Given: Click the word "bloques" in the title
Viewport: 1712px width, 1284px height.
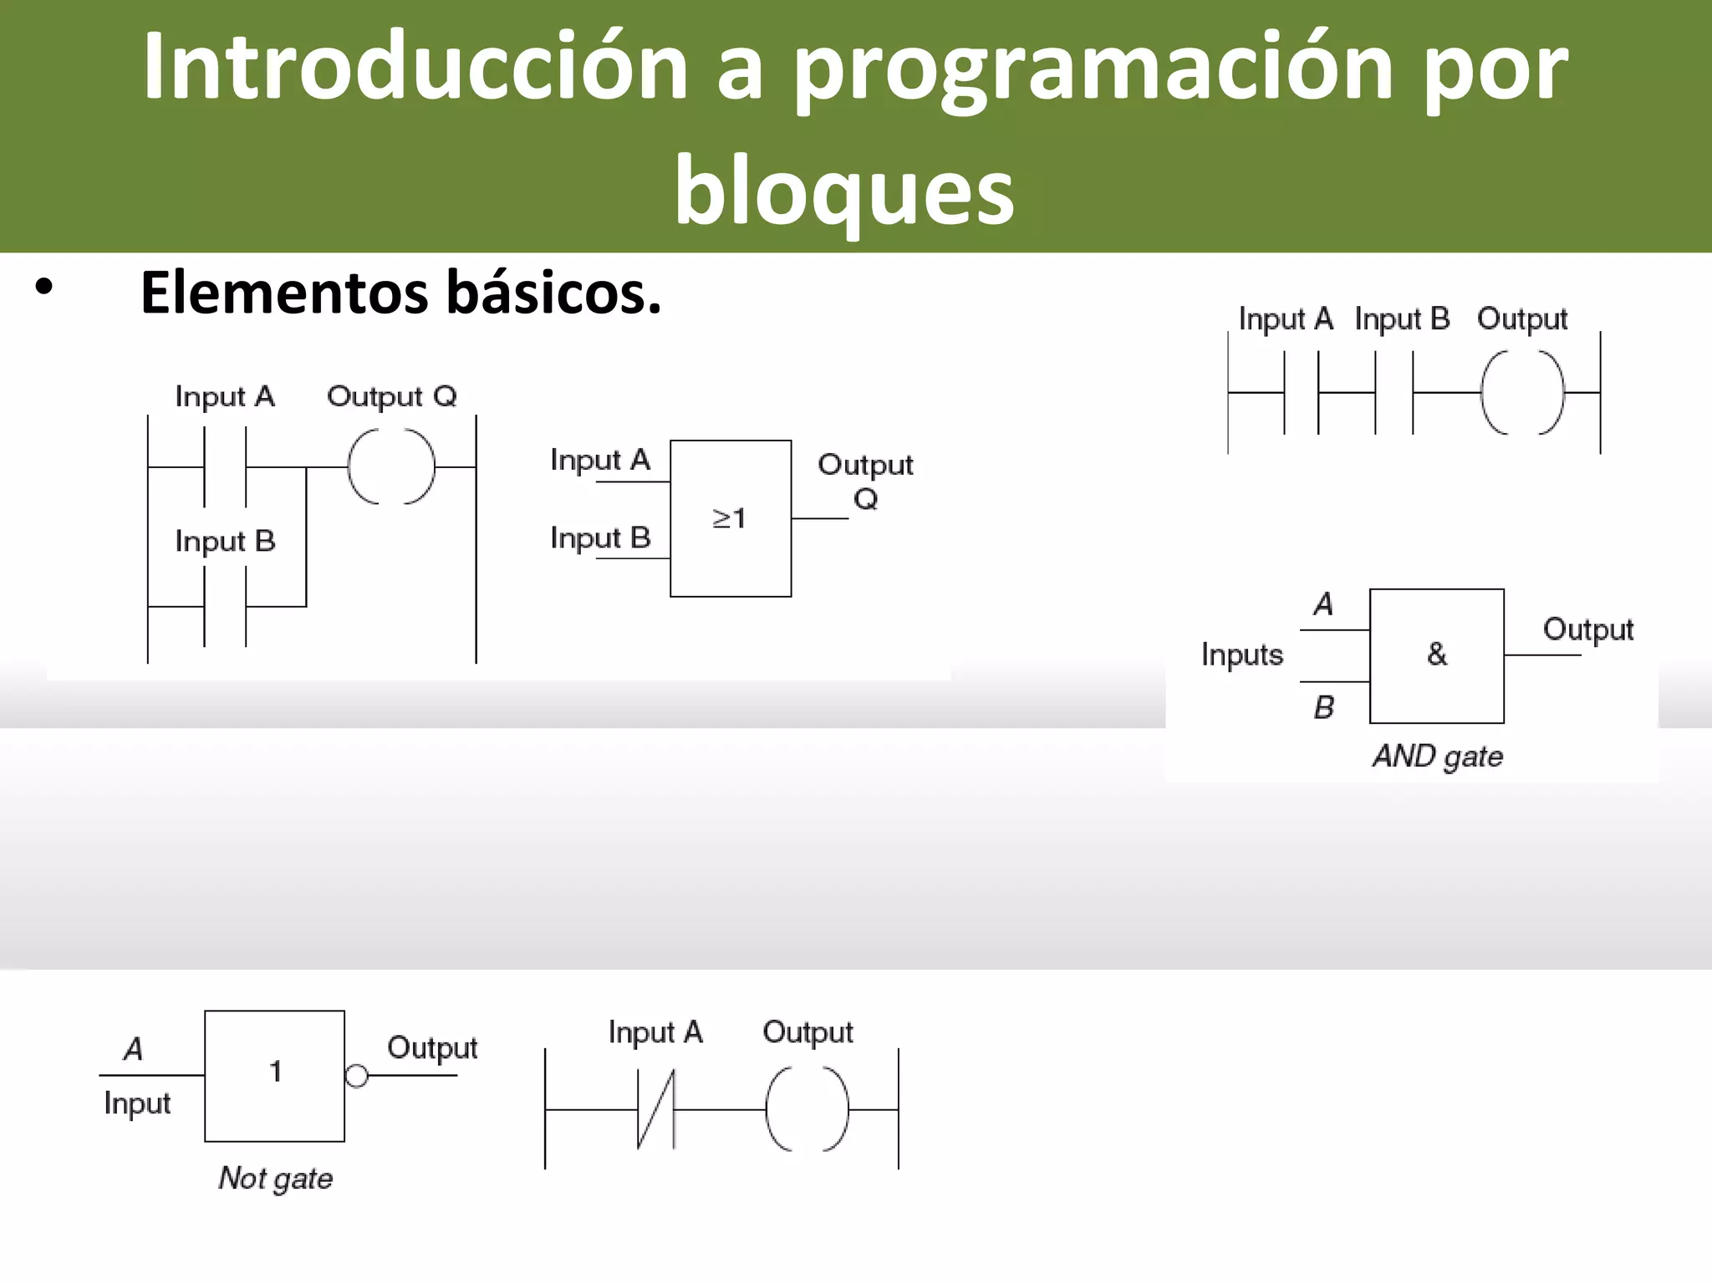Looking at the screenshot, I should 844,192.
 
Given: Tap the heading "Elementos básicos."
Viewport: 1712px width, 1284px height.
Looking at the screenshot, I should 400,293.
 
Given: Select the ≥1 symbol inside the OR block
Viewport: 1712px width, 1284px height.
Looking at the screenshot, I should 728,518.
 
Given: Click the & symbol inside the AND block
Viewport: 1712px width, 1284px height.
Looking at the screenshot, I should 1436,654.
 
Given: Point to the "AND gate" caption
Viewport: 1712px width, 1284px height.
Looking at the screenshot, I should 1437,757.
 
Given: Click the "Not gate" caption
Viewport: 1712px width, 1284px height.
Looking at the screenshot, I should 275,1179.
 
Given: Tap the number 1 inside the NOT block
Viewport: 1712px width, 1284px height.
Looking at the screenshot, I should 275,1072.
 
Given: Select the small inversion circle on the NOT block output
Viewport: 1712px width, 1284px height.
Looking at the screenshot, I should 357,1076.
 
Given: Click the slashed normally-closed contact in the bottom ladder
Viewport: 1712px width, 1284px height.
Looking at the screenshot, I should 656,1110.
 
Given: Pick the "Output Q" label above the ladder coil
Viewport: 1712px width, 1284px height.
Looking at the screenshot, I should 391,396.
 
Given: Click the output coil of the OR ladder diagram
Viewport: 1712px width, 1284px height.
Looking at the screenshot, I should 391,467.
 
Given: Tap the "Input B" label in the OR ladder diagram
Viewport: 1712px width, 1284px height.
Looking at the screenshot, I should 225,542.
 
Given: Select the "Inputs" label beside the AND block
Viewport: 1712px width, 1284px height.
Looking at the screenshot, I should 1241,655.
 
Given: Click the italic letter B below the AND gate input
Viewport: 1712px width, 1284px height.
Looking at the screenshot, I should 1323,708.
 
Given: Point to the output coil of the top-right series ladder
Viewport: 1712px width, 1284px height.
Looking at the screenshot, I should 1521,392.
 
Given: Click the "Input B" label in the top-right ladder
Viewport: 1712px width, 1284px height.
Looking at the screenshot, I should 1402,319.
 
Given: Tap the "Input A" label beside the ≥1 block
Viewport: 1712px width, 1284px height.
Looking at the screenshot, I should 599,461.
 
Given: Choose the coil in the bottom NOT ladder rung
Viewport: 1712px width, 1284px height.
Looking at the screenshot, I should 807,1109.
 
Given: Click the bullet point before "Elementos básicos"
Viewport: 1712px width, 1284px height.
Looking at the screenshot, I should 44,288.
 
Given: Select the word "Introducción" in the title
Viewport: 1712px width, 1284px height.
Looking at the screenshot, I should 415,67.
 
